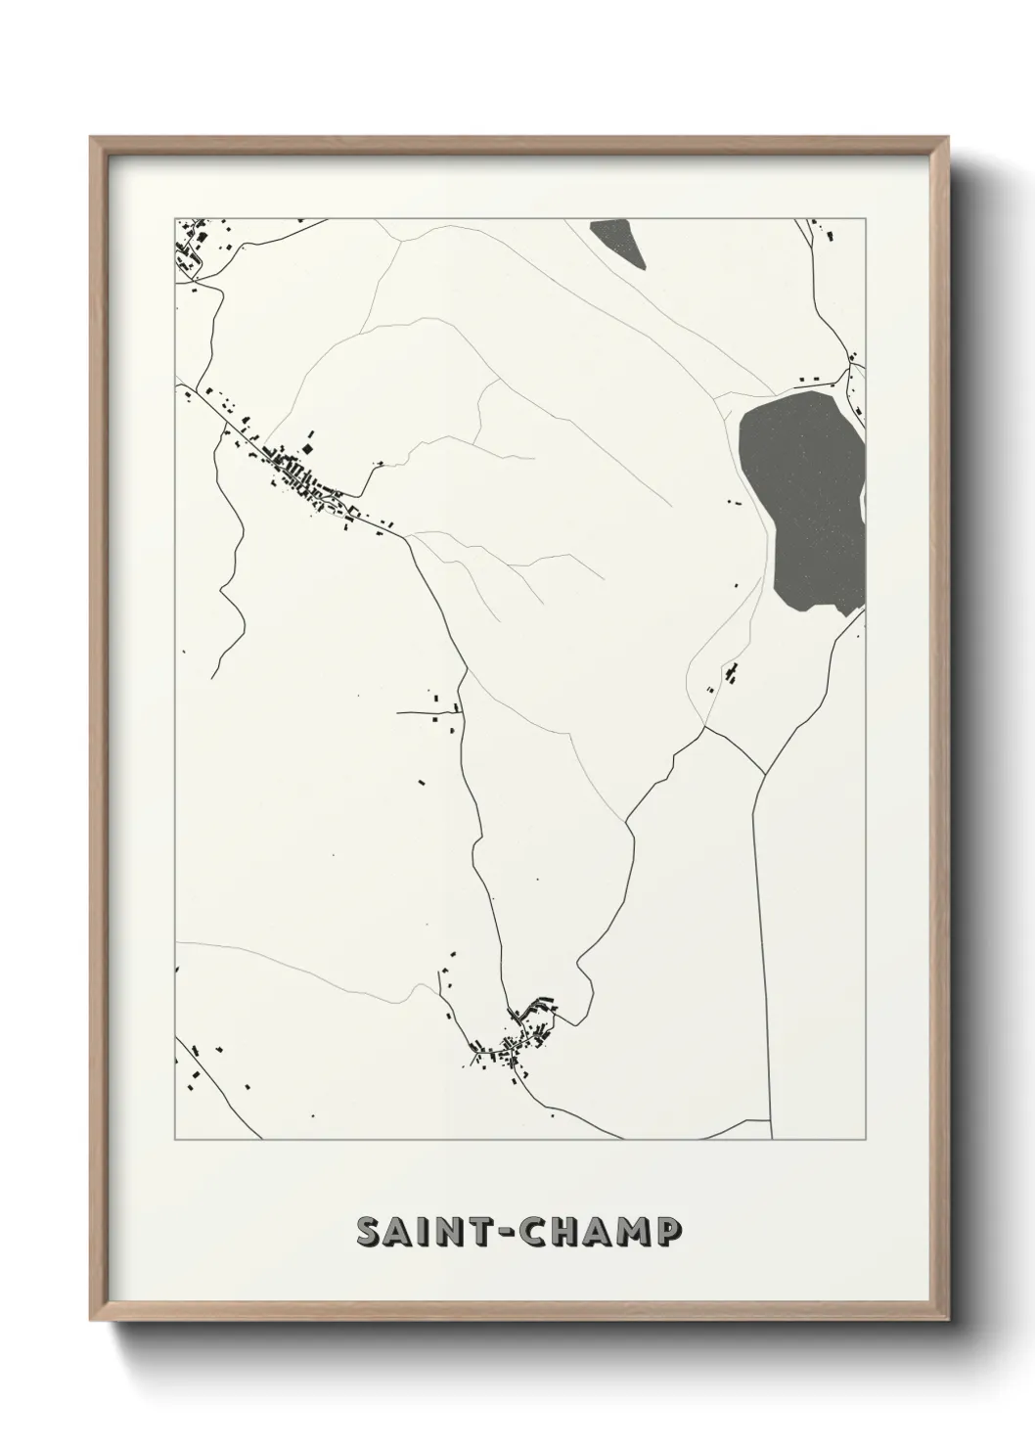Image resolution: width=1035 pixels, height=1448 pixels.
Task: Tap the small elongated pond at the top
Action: tap(619, 243)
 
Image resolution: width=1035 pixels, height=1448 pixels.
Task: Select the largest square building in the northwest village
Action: tap(309, 448)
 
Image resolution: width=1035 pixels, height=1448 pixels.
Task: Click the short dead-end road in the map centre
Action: tap(427, 713)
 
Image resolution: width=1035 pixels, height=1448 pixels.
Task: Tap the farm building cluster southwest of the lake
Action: tap(729, 675)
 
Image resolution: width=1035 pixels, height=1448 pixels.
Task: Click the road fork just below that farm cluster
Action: tap(703, 727)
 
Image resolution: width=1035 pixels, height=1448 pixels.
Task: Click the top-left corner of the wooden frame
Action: tap(92, 138)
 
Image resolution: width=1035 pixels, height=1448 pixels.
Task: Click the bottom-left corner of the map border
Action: tap(175, 1140)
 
